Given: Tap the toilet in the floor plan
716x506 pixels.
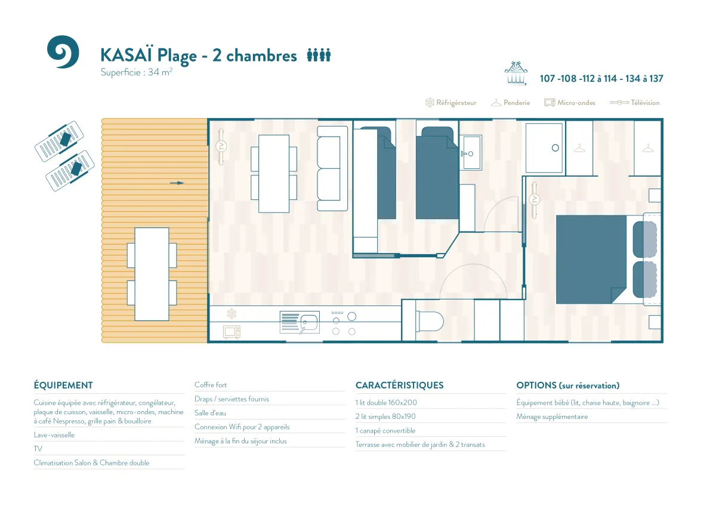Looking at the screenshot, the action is (x=430, y=321).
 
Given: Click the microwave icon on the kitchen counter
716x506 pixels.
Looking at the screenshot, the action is (x=232, y=332).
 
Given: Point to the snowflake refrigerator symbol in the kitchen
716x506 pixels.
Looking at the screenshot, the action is (x=232, y=314).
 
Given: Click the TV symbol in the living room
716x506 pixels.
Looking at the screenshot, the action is (x=221, y=147).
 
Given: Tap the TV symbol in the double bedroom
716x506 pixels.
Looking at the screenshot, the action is (x=534, y=200).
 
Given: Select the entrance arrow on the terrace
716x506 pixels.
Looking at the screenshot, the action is (x=177, y=183).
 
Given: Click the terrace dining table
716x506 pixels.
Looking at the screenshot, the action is (x=152, y=274).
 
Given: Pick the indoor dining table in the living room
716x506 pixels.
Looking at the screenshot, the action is (x=274, y=174).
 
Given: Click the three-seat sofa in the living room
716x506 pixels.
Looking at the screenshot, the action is (x=332, y=168).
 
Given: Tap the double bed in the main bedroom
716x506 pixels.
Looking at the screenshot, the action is (x=591, y=259).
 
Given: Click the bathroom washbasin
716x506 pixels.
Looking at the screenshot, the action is (x=471, y=153).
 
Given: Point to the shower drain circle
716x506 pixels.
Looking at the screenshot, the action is (x=555, y=148).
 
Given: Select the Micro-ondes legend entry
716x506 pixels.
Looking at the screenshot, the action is (x=570, y=103).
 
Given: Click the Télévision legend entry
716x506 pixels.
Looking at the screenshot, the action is (x=634, y=103).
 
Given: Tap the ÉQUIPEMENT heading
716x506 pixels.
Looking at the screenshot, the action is (x=63, y=385).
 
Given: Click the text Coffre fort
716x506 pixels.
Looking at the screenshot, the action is (x=211, y=385).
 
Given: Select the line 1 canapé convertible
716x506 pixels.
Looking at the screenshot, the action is (x=385, y=431).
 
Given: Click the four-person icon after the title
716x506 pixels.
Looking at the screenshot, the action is (x=319, y=55).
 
